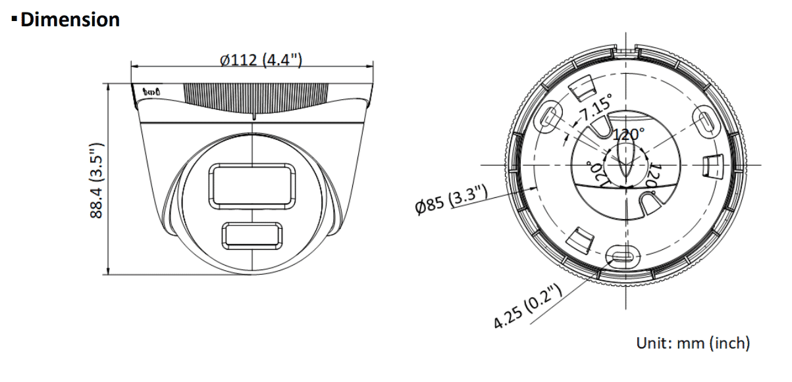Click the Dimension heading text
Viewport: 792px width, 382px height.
[69, 20]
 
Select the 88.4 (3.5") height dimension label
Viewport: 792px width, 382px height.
[97, 180]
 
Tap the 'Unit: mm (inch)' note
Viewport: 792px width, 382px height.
[693, 343]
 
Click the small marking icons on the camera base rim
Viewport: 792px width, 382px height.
[152, 91]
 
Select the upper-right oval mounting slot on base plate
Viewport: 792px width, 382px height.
[705, 122]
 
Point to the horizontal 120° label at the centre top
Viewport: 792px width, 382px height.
[629, 135]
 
